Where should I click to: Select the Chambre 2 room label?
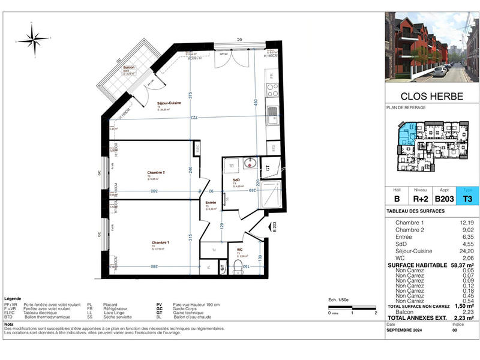coord(156,173)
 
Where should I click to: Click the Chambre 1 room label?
coord(160,242)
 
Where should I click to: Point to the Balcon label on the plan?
coord(129,68)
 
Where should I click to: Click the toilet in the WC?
coord(240,266)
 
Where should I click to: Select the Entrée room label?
coord(211,203)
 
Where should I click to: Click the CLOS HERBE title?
coord(431,96)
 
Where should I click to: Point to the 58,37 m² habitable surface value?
coord(460,264)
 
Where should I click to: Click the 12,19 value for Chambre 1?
coord(465,223)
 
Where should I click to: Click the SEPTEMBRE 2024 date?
coord(407,329)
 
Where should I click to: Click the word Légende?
coord(13,298)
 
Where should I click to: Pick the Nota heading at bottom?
coord(10,323)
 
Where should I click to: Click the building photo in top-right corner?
coord(431,46)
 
